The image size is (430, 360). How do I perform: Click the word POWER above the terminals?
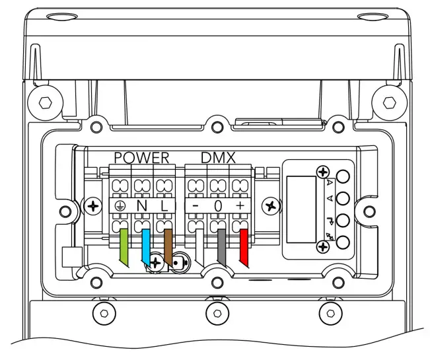(x=142, y=158)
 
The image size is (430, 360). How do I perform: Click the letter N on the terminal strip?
(x=141, y=206)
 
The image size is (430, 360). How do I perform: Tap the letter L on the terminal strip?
(x=164, y=206)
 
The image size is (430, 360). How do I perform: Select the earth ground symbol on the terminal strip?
(x=120, y=206)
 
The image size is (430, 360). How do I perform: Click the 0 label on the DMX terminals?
(x=217, y=206)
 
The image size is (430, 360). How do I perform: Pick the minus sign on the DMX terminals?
(x=196, y=206)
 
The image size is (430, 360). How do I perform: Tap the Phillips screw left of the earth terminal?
(x=93, y=206)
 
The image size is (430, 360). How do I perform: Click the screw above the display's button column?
(x=323, y=171)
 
